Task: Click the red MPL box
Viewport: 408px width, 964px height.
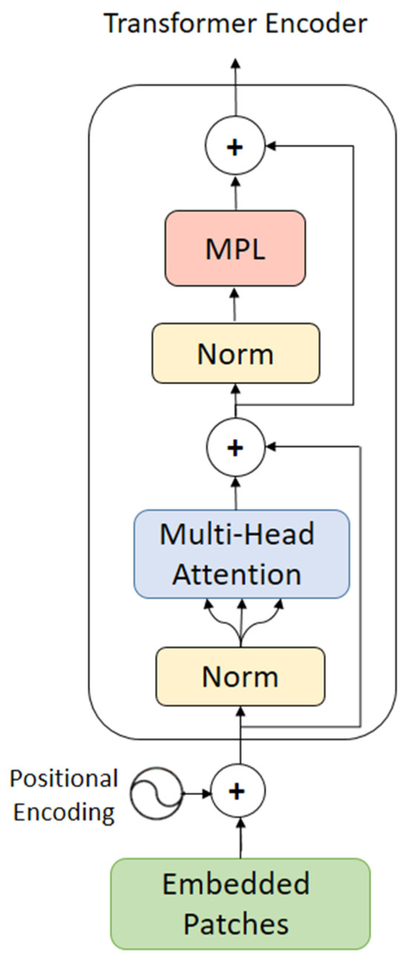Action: pyautogui.click(x=235, y=248)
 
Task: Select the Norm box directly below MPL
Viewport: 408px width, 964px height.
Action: pyautogui.click(x=235, y=354)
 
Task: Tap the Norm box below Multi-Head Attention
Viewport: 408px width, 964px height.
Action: pyautogui.click(x=240, y=676)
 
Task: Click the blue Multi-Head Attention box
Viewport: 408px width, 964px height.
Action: pyautogui.click(x=241, y=554)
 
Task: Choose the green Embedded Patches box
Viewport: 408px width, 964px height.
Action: pyautogui.click(x=240, y=903)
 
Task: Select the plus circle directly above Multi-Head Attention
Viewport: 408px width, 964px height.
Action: pyautogui.click(x=235, y=447)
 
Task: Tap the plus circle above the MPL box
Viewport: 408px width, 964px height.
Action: pyautogui.click(x=235, y=148)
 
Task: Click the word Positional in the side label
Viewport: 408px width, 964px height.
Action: pyautogui.click(x=64, y=779)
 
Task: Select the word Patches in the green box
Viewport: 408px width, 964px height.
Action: pyautogui.click(x=236, y=923)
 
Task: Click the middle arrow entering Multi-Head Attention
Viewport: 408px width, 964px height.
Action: pyautogui.click(x=240, y=623)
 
